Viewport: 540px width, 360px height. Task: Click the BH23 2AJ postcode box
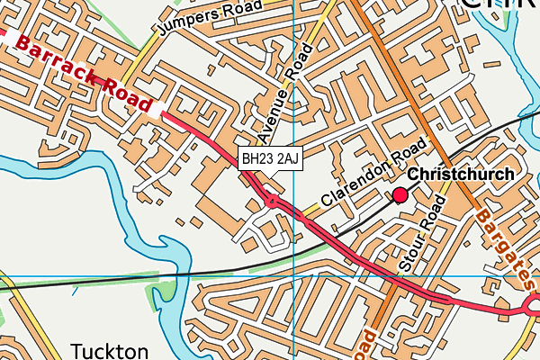coord(269,159)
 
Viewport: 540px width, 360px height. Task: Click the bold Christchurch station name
coord(461,175)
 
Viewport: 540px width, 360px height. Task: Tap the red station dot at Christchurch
coord(400,194)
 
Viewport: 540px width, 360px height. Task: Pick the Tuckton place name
coord(109,349)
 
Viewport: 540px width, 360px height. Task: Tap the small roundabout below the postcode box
coord(272,202)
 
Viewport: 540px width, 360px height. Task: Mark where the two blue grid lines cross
coord(294,275)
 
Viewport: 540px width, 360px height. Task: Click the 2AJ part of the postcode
coord(284,159)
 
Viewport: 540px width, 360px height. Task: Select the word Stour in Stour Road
coord(412,256)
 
